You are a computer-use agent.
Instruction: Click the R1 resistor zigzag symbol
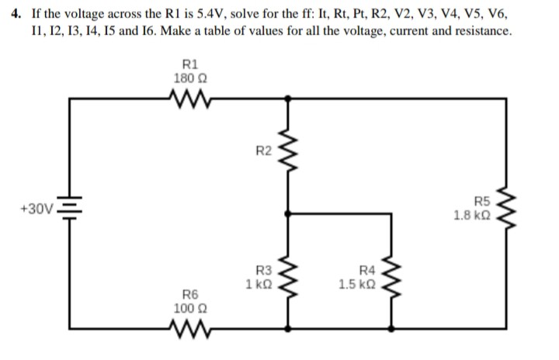click(x=187, y=99)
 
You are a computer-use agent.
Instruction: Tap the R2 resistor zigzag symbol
click(x=289, y=152)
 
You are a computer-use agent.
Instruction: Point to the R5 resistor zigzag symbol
click(x=509, y=210)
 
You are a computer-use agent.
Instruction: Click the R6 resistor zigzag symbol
click(x=187, y=335)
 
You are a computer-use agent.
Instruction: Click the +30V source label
click(x=36, y=209)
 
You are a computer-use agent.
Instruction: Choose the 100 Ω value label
click(x=187, y=308)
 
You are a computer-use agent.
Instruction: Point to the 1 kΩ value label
click(x=258, y=284)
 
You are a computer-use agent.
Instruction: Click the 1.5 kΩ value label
click(x=357, y=284)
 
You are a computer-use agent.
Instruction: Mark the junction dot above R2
click(x=289, y=99)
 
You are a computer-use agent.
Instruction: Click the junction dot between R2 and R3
click(x=289, y=211)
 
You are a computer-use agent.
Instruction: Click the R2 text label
click(x=264, y=149)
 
